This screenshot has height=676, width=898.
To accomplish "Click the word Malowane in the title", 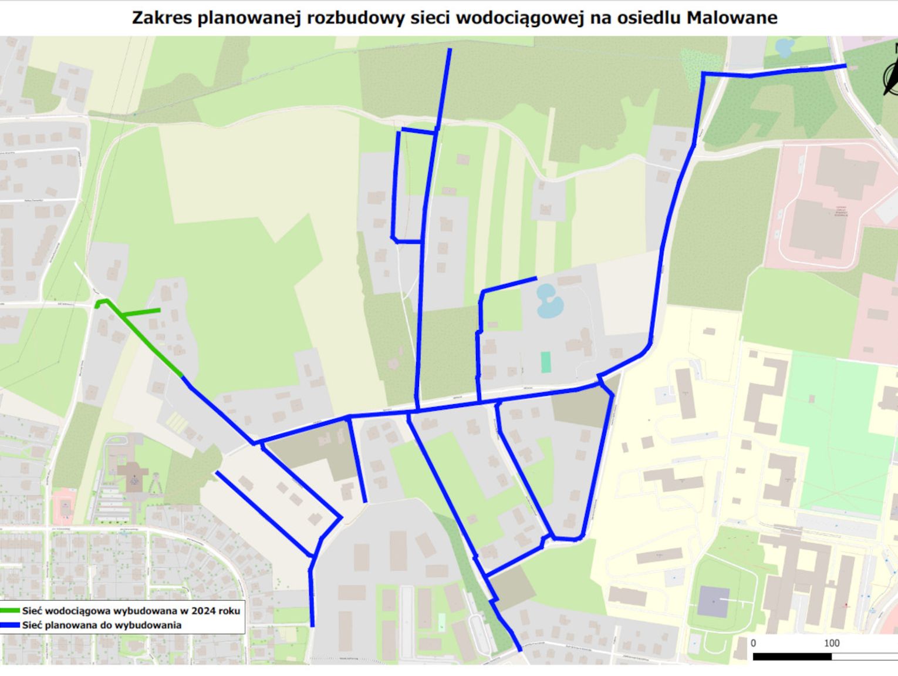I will click(x=732, y=18).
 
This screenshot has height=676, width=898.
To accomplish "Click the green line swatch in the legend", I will click(x=10, y=611).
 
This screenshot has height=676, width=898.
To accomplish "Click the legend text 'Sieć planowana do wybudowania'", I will click(x=102, y=625).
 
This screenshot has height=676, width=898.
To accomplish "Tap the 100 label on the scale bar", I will click(x=831, y=643).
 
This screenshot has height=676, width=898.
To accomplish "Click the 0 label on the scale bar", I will click(x=754, y=643).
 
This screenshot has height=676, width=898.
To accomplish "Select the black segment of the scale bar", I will click(x=792, y=656).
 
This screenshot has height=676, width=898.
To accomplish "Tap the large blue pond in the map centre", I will click(x=549, y=301).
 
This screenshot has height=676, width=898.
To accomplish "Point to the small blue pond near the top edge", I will click(x=784, y=46).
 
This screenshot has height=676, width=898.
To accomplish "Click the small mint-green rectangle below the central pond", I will click(x=546, y=362).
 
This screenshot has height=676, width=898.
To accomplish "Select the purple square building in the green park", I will click(x=713, y=601).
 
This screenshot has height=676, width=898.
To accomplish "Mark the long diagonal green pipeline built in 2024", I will click(x=150, y=344).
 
